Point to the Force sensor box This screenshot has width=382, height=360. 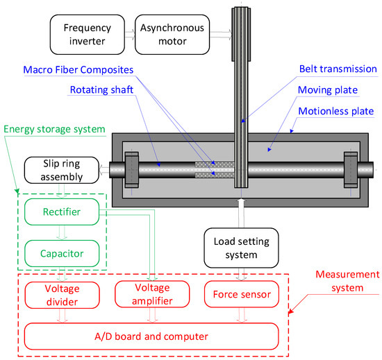tap(241, 295)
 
